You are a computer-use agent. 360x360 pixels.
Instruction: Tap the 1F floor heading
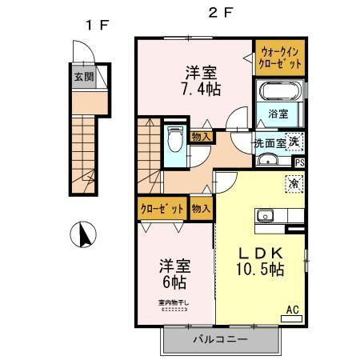97,25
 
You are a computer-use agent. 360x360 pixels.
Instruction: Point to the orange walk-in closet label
280,58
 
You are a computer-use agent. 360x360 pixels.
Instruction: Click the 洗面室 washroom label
270,144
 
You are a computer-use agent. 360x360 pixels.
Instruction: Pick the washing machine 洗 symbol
294,142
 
